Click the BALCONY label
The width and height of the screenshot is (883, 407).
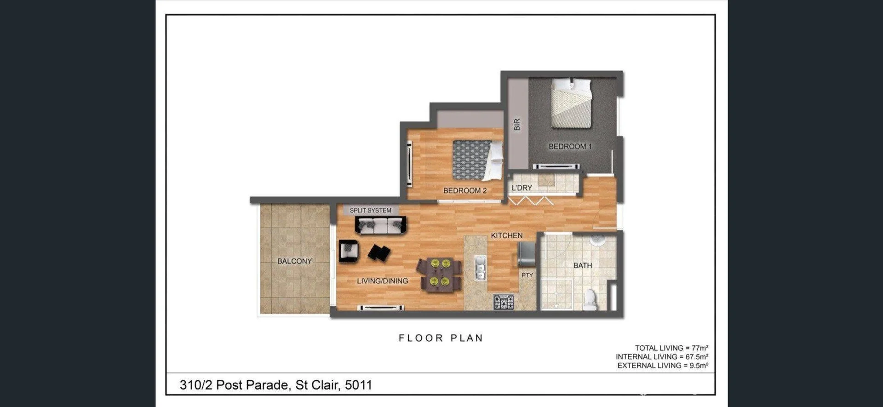click(294, 261)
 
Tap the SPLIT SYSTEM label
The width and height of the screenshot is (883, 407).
click(370, 211)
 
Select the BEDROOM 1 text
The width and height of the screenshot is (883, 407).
click(570, 147)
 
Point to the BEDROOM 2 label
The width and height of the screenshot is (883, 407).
click(464, 190)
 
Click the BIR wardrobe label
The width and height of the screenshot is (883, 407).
click(517, 125)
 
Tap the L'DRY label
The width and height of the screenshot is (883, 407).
click(522, 188)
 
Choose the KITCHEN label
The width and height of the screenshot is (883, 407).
click(506, 235)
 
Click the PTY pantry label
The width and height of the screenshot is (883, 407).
click(527, 275)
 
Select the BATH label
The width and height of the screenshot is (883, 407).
click(582, 265)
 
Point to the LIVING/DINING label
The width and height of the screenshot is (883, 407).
click(382, 281)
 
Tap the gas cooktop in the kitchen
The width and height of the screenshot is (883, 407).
click(504, 302)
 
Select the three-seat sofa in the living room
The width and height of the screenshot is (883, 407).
click(380, 225)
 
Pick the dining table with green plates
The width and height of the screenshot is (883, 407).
click(439, 274)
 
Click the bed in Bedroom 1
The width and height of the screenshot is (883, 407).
click(571, 103)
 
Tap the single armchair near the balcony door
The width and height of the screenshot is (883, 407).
click(348, 251)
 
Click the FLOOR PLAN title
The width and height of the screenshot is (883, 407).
click(441, 338)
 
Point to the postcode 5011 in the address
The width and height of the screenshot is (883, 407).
click(358, 385)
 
